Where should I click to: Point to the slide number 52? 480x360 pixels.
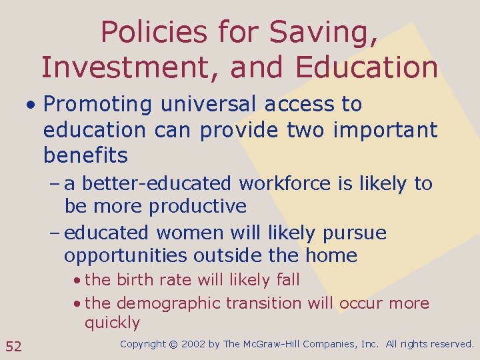point(13,345)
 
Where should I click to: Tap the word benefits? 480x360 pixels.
point(85,155)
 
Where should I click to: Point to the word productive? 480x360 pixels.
point(198,206)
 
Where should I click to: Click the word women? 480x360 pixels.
point(189,233)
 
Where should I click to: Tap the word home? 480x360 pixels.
point(331,255)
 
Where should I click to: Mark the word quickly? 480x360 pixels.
point(112,323)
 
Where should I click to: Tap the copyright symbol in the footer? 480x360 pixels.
point(173,345)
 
